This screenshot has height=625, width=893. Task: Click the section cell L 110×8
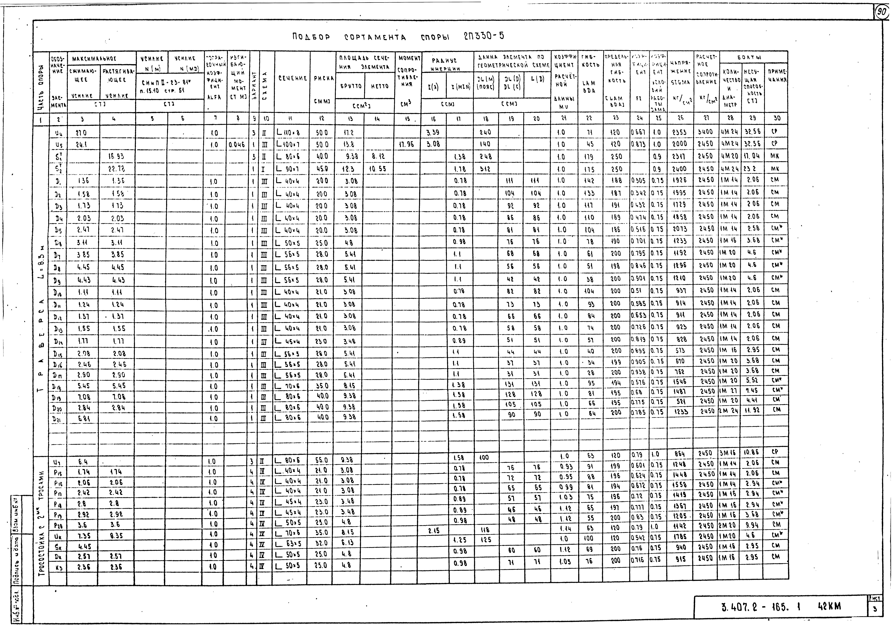tap(289, 132)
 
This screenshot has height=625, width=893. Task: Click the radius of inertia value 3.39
tap(433, 132)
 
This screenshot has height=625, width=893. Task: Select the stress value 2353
tap(680, 132)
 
